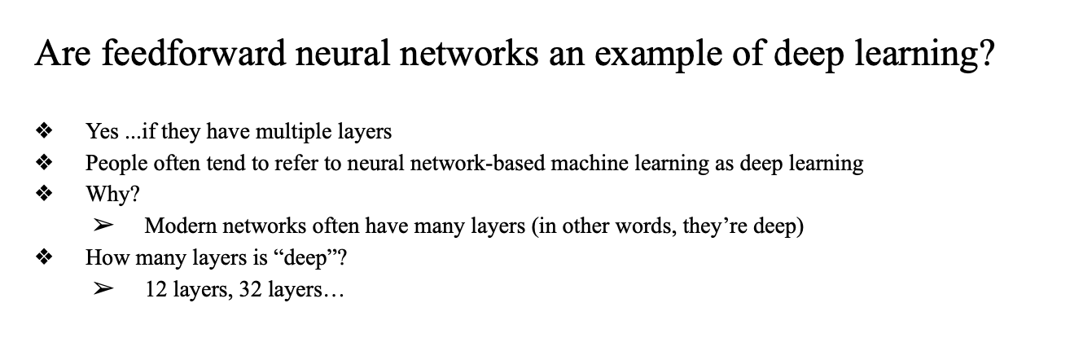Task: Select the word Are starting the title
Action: [x=58, y=55]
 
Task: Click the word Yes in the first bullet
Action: [x=102, y=131]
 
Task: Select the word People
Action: [x=115, y=163]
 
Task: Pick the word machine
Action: [x=586, y=163]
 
